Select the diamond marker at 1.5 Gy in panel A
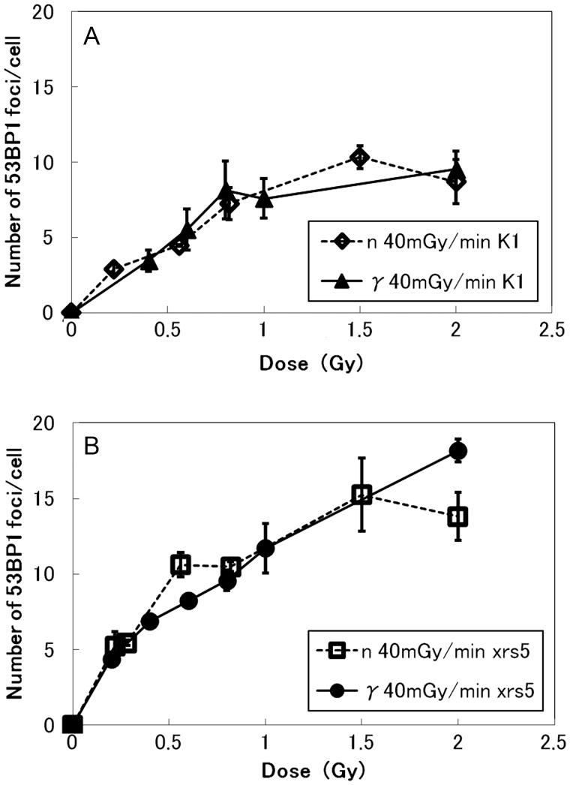coord(360,157)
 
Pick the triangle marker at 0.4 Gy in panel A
coord(148,262)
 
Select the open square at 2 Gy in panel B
coord(457,516)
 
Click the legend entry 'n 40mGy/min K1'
coord(416,243)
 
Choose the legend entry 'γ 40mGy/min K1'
coord(416,280)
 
